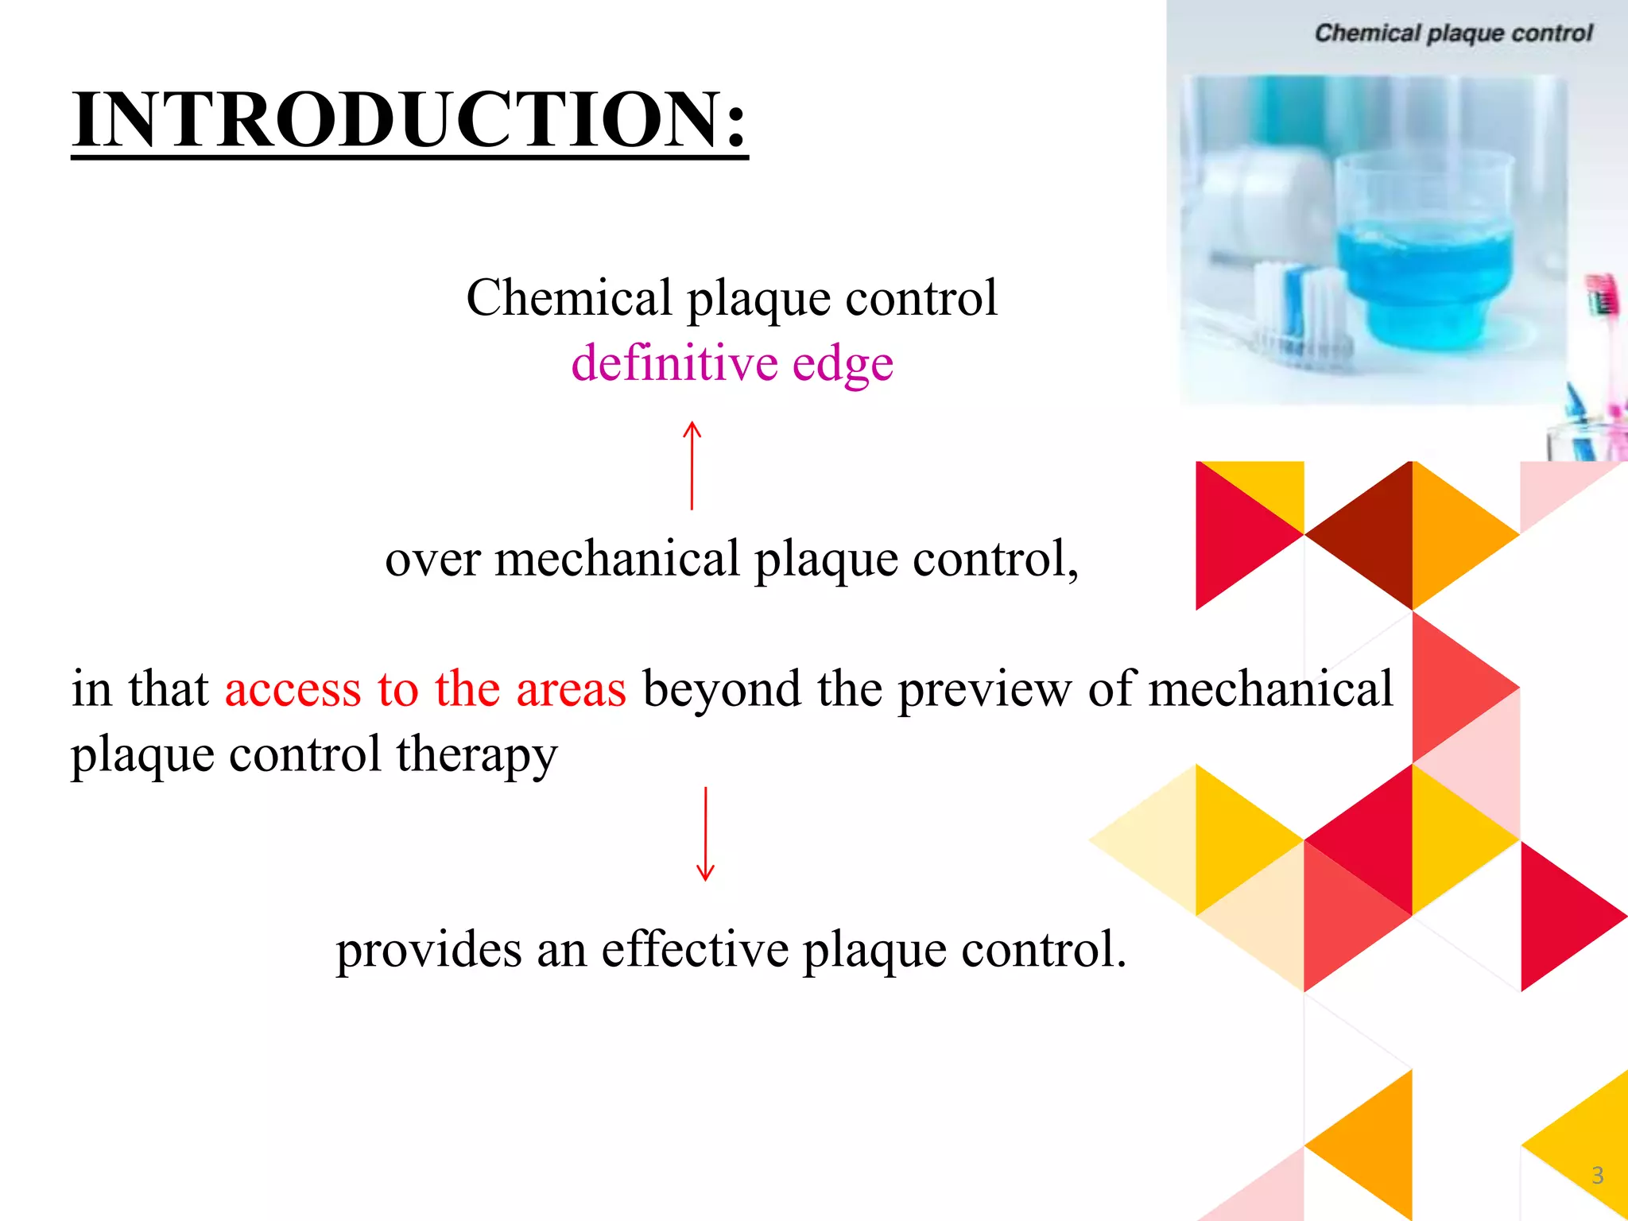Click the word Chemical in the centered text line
(x=569, y=298)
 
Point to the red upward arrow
(x=692, y=465)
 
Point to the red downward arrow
(x=705, y=835)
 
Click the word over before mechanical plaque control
(x=432, y=559)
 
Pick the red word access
(x=293, y=689)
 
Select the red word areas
(x=571, y=689)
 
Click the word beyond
(x=722, y=689)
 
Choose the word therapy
(x=477, y=755)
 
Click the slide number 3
(x=1598, y=1175)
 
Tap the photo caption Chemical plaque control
(x=1453, y=33)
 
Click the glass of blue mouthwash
(x=1423, y=254)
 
